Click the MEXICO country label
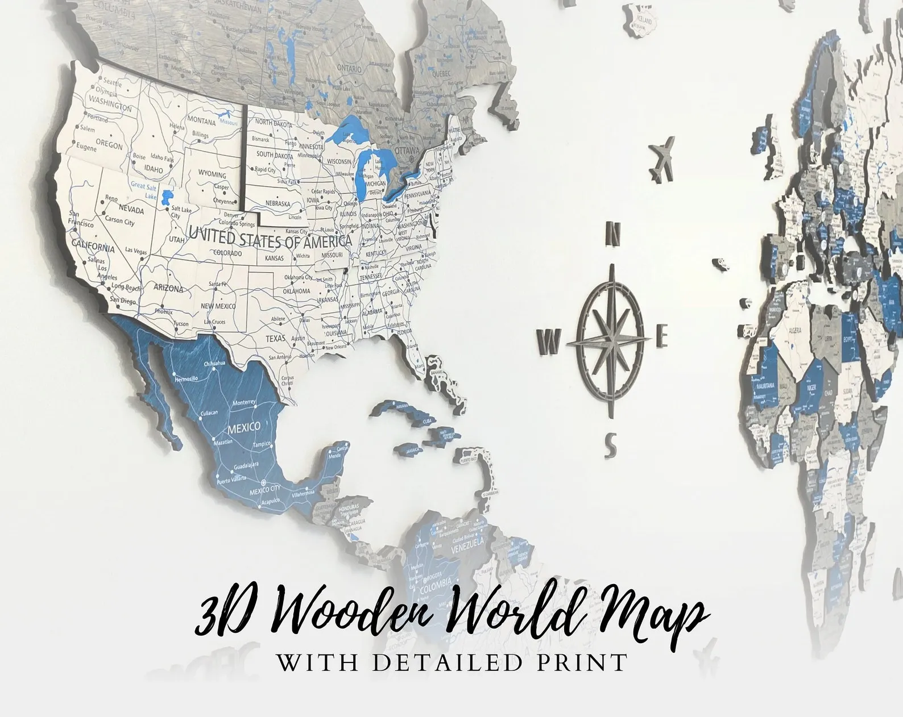point(244,427)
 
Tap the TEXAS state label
point(276,339)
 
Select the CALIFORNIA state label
point(93,247)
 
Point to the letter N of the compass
point(613,233)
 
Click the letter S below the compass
point(610,444)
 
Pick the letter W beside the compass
point(549,341)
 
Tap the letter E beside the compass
point(661,336)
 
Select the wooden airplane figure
point(662,159)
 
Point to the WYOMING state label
point(212,174)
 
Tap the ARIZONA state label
point(168,288)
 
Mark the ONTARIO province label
point(349,69)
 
